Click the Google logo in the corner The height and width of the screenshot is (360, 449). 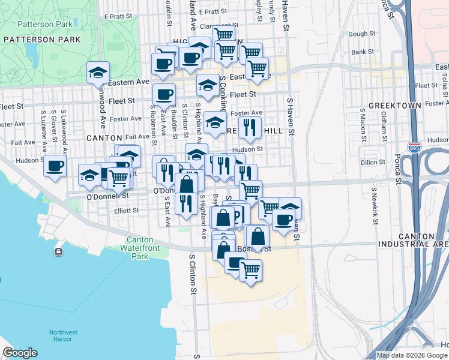20,353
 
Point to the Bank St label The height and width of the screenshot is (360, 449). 363,52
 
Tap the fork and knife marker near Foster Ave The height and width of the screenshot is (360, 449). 250,127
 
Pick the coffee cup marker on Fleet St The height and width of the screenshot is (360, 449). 164,94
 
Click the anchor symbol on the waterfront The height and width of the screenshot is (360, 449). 58,251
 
